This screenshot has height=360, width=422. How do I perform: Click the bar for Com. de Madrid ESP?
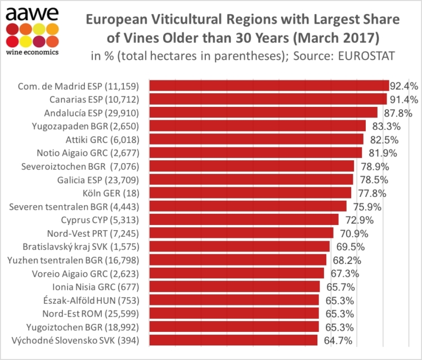click(269, 85)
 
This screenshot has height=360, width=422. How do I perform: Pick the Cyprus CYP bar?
click(244, 219)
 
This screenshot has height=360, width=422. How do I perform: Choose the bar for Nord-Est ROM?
click(234, 313)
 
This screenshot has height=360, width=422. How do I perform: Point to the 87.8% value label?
click(398, 112)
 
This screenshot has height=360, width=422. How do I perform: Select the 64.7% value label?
click(338, 340)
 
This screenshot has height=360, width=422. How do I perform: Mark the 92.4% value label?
click(405, 85)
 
